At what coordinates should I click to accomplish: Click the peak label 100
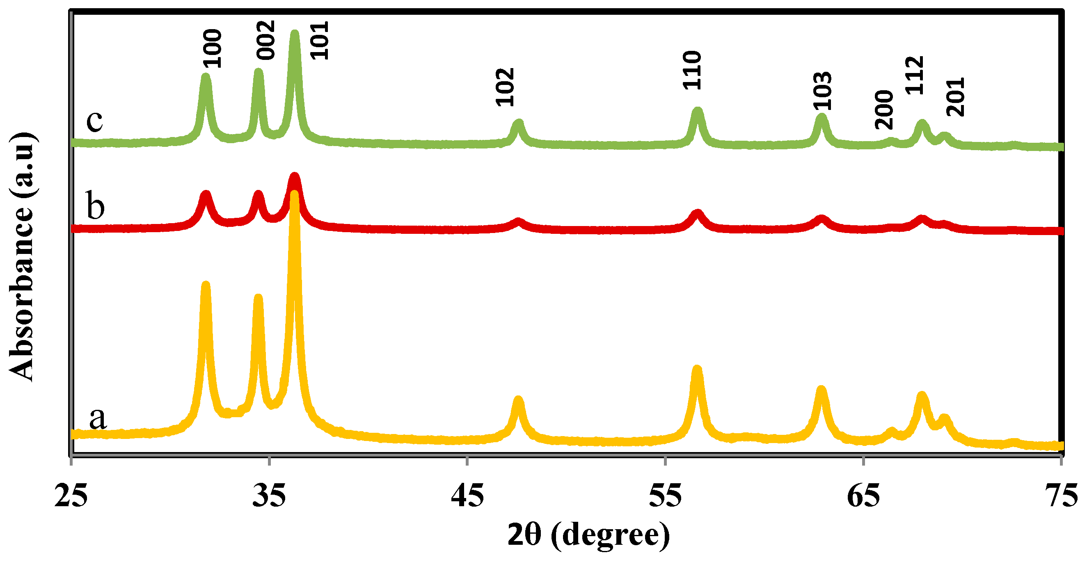coord(212,48)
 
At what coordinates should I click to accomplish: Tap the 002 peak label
coord(266,40)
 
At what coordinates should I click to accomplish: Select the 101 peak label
coord(319,41)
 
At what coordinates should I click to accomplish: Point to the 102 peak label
coord(505,87)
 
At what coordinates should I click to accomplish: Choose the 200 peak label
coord(884,110)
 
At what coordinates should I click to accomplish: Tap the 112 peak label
coord(915,75)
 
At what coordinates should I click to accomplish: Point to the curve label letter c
coord(94,121)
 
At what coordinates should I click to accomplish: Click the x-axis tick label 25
coord(71,496)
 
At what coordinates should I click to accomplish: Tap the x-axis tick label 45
coord(467,496)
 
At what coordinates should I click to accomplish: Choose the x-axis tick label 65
coord(863,496)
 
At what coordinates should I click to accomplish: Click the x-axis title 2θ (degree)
coord(589,535)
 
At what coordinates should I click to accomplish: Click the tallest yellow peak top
coord(295,195)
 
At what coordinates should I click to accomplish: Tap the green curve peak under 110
coord(697,112)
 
